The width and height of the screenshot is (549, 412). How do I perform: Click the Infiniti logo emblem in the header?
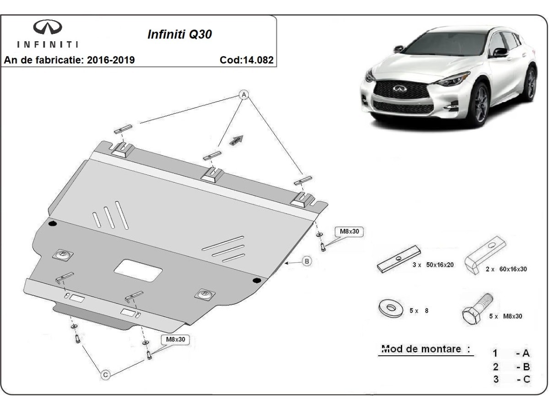point(47,28)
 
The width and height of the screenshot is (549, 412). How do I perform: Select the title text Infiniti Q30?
point(179,35)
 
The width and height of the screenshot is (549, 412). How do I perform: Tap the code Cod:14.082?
point(247,60)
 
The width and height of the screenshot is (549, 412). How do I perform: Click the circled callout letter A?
point(244,95)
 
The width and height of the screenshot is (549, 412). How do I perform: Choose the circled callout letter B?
point(307,261)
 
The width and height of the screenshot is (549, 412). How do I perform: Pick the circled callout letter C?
point(105,375)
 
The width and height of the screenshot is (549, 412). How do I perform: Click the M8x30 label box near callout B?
point(350,232)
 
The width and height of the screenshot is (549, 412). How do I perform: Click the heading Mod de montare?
point(425,349)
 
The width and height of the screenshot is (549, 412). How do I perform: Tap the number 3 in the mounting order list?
point(495,379)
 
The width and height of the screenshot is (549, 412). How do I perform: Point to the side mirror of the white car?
point(501,51)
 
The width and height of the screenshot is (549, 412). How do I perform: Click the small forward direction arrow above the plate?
point(237,140)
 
